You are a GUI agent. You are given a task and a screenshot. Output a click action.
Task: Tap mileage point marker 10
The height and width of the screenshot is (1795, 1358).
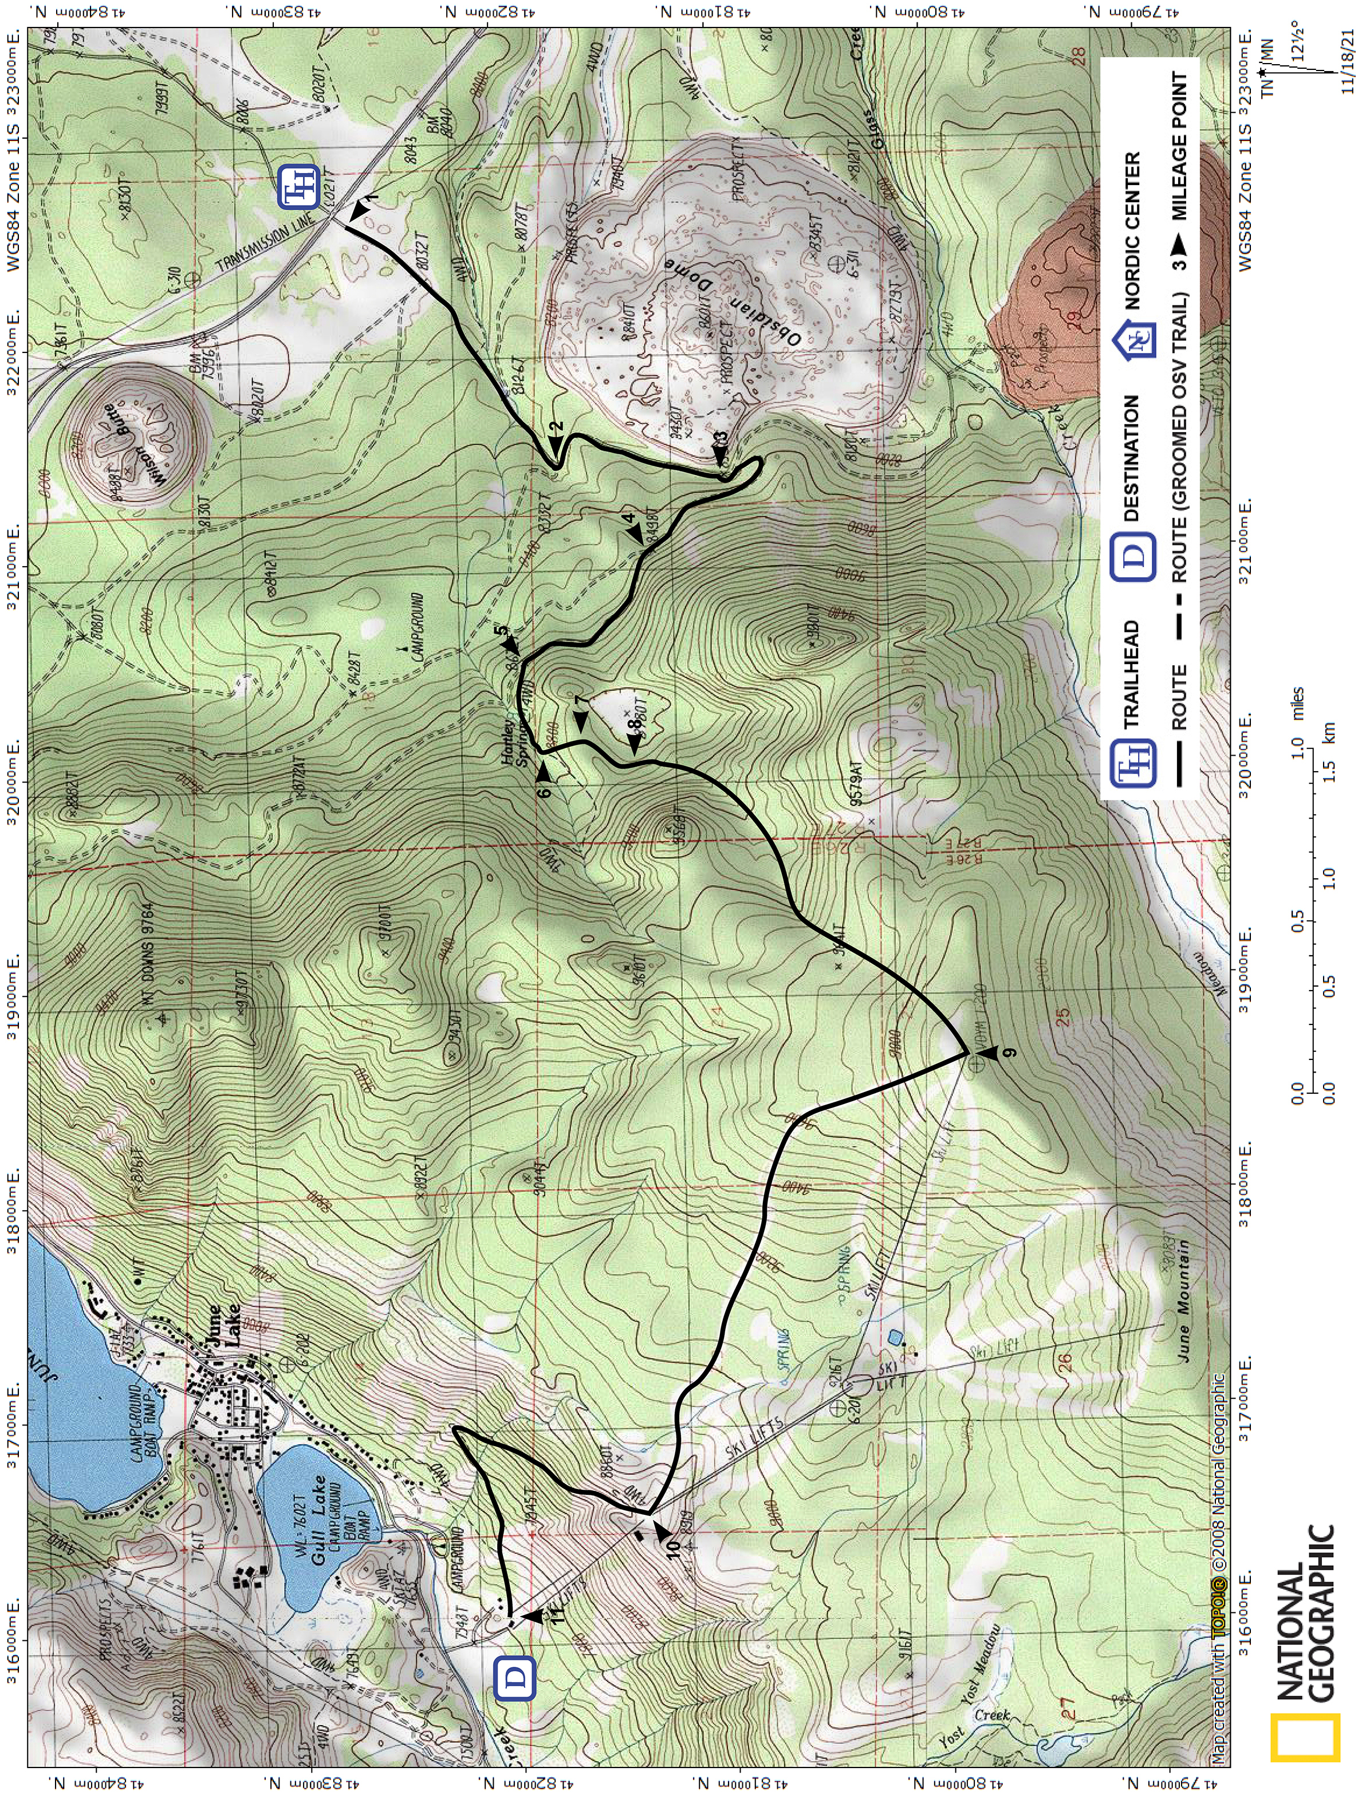662,1531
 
